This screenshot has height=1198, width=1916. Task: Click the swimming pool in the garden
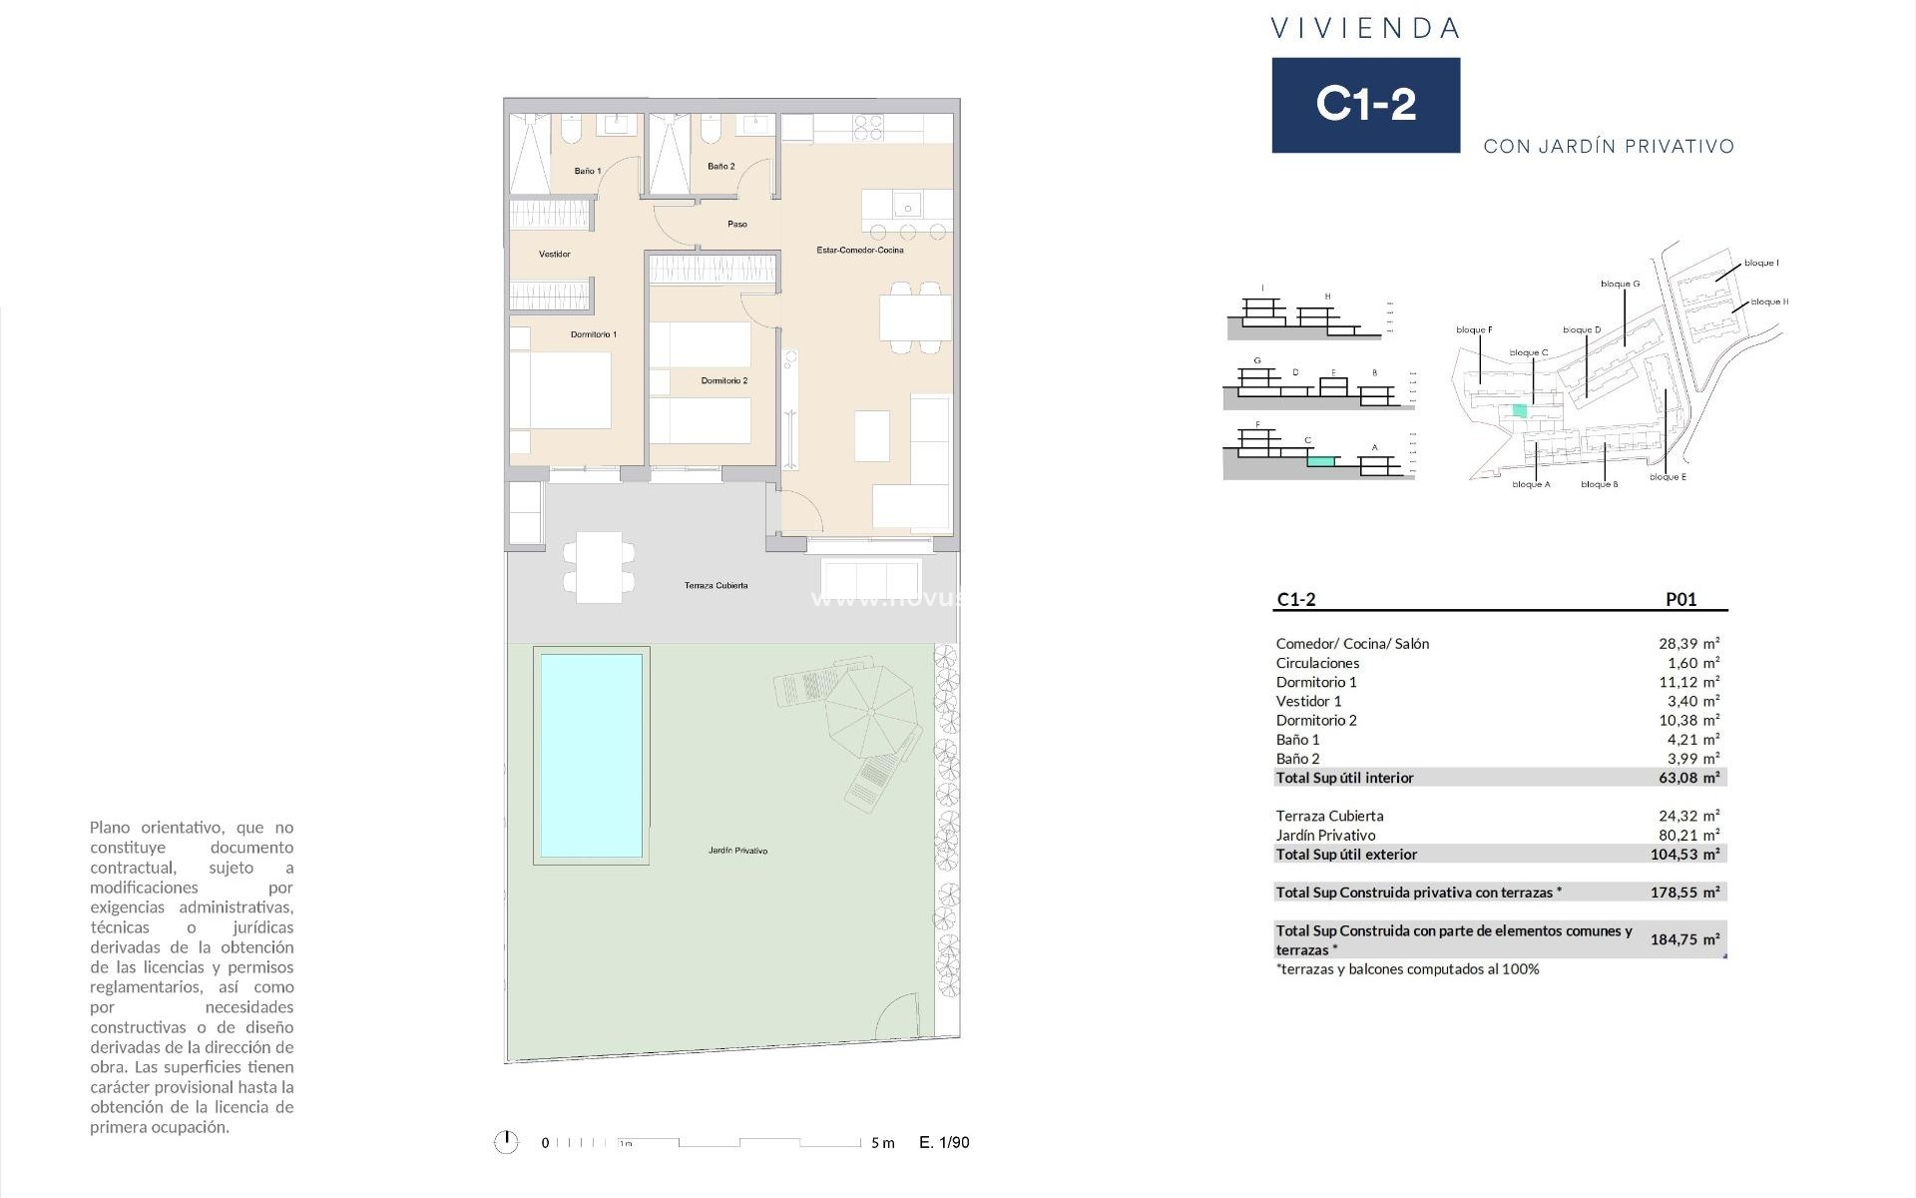pos(591,756)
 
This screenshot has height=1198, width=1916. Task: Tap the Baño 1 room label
pos(587,171)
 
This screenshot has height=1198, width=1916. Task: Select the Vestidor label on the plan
pos(555,255)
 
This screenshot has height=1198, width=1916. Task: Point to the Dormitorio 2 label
pos(723,380)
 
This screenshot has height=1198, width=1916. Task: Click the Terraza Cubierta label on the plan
pos(716,586)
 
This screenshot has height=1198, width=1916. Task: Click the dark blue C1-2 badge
pos(1365,105)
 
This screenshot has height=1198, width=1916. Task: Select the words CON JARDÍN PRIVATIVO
pos(1609,147)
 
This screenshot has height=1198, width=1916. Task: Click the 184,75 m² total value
pos(1684,939)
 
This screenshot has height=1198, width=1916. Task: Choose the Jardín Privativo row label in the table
pos(1325,836)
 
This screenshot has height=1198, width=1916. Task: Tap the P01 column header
pos(1680,600)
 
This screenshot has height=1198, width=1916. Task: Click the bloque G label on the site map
pos(1620,285)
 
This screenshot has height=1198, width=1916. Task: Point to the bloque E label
pos(1668,477)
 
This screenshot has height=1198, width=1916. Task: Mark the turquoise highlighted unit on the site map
pos(1520,410)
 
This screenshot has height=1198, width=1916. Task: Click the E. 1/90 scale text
pos(943,1143)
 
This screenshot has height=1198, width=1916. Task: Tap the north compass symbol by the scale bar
pos(506,1142)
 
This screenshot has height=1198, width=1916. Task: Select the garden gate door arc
pos(897,1016)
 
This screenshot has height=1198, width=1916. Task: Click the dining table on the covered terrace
pos(599,567)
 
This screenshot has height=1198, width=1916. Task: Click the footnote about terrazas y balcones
pos(1407,969)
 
